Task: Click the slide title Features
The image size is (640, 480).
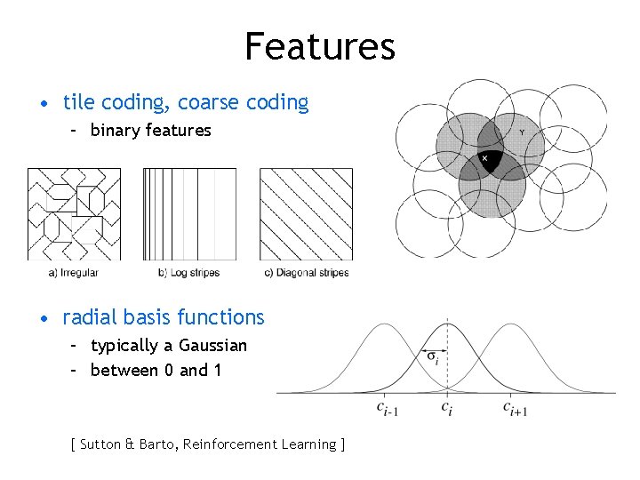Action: coord(320,46)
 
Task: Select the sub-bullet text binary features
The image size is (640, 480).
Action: coord(150,131)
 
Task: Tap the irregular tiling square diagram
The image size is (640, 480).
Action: coord(74,214)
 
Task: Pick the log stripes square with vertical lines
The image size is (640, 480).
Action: coord(189,214)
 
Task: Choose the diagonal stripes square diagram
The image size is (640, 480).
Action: coord(306,214)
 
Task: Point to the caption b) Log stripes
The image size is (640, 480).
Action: coord(188,273)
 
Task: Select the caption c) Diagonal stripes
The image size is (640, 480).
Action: coord(307,273)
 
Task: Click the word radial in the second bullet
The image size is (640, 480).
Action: coord(88,317)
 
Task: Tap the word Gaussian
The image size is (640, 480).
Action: coord(212,346)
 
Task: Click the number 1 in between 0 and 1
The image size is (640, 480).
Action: coord(217,371)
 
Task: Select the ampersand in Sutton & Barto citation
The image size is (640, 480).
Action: coord(128,444)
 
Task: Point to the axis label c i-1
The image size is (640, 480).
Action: coord(387,409)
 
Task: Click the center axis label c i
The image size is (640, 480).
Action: coord(447,407)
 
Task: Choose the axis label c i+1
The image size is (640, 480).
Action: coord(515,409)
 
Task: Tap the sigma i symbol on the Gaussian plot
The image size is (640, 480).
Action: coord(433,358)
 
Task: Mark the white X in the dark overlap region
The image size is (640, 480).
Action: coord(484,159)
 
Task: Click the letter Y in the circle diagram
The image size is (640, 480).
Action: coord(521,132)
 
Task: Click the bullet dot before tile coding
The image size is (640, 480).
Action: coord(44,104)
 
